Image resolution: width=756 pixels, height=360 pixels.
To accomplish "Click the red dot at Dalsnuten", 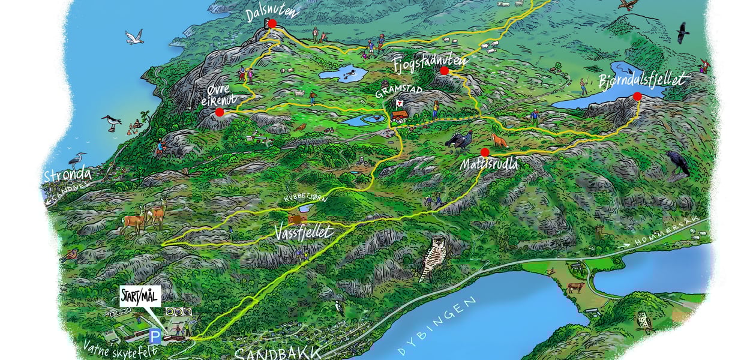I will click(x=272, y=23).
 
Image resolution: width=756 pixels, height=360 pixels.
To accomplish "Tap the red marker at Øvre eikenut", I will click(x=220, y=112).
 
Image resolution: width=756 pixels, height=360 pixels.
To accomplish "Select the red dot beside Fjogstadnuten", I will click(x=445, y=71).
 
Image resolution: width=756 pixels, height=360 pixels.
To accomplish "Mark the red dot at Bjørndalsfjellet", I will click(x=637, y=96).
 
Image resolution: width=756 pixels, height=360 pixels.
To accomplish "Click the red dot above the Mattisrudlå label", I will click(x=485, y=152).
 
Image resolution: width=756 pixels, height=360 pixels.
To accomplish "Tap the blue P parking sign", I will click(x=155, y=337).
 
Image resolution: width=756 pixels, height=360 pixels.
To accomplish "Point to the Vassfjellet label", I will click(x=303, y=232).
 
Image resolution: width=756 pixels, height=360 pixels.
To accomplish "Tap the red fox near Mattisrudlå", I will click(x=499, y=141).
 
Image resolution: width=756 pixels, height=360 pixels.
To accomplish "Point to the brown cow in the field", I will click(x=575, y=287).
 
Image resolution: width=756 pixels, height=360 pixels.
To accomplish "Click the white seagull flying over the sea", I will click(x=134, y=37).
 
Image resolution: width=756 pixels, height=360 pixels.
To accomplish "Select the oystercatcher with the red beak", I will click(x=112, y=123).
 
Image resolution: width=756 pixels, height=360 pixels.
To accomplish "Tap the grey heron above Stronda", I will click(x=77, y=160).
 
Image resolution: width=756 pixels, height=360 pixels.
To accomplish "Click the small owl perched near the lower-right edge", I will click(x=644, y=322).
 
